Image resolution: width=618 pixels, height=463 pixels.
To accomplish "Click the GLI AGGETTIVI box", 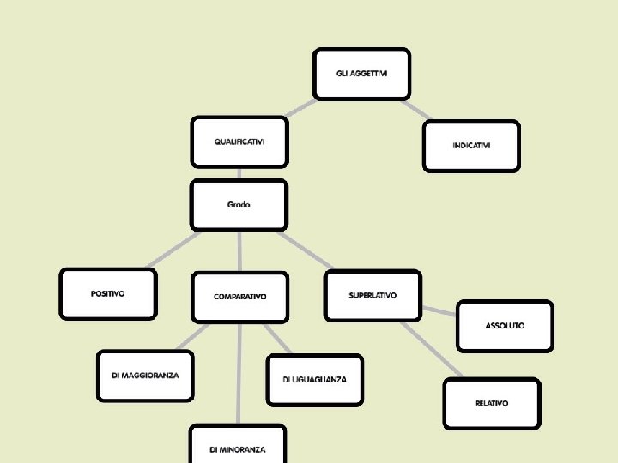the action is point(361,74).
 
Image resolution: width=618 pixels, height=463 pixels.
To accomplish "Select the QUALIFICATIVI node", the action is point(239,141).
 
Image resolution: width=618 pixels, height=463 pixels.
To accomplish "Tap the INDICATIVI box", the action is point(471,146).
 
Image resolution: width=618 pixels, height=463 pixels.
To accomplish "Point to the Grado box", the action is point(239,205).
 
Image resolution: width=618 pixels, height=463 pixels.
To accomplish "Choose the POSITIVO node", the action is point(108,294).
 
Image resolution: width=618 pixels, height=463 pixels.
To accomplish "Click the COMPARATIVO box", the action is point(239,297).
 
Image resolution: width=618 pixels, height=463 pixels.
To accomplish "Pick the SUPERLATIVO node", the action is point(373,296).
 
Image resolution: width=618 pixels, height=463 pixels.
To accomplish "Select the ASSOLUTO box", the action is point(505,326).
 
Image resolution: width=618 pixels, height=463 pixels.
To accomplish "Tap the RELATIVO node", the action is point(491,403).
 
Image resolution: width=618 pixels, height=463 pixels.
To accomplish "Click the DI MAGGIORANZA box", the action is point(145,376).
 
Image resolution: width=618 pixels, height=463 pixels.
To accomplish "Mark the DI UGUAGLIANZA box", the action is point(314,379).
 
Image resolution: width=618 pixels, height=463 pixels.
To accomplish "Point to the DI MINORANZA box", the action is point(237,448).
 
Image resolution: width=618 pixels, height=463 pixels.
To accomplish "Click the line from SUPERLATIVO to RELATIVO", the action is point(431,350).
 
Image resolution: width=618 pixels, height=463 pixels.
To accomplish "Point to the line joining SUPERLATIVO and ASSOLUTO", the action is point(438,310).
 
